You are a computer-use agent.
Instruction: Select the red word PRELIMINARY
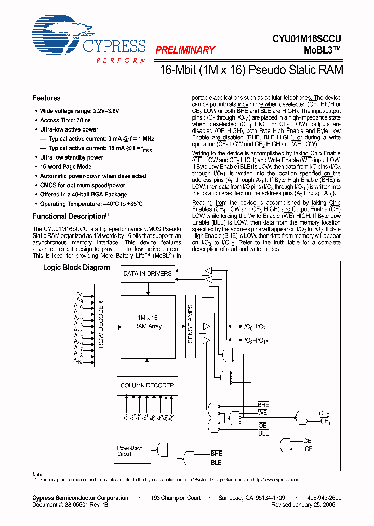(x=185, y=50)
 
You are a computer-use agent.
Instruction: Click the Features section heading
(x=46, y=98)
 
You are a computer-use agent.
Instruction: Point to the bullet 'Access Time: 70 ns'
(x=65, y=120)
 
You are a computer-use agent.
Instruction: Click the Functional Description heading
(x=69, y=216)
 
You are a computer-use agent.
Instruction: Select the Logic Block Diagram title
(x=76, y=268)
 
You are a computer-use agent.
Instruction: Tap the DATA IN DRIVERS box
(x=147, y=273)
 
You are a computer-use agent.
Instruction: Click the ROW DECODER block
(x=101, y=324)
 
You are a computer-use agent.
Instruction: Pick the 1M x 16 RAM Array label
(x=148, y=322)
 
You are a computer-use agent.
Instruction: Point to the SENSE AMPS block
(x=190, y=324)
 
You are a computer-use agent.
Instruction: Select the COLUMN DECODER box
(x=147, y=385)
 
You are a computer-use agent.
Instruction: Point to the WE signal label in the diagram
(x=263, y=412)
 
